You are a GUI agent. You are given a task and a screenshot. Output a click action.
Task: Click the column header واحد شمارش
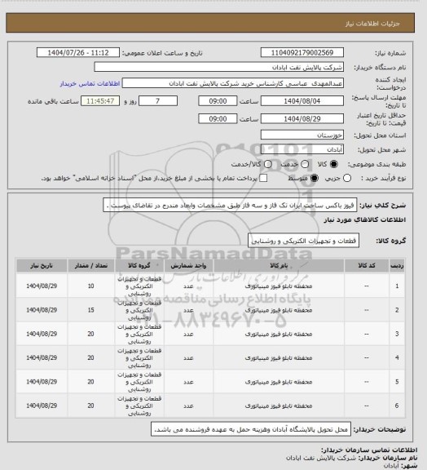[187, 266]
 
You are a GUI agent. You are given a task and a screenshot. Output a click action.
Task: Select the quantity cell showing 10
[90, 286]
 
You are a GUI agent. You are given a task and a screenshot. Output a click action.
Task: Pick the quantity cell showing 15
[90, 310]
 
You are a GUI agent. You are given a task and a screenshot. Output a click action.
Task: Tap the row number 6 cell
[396, 405]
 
